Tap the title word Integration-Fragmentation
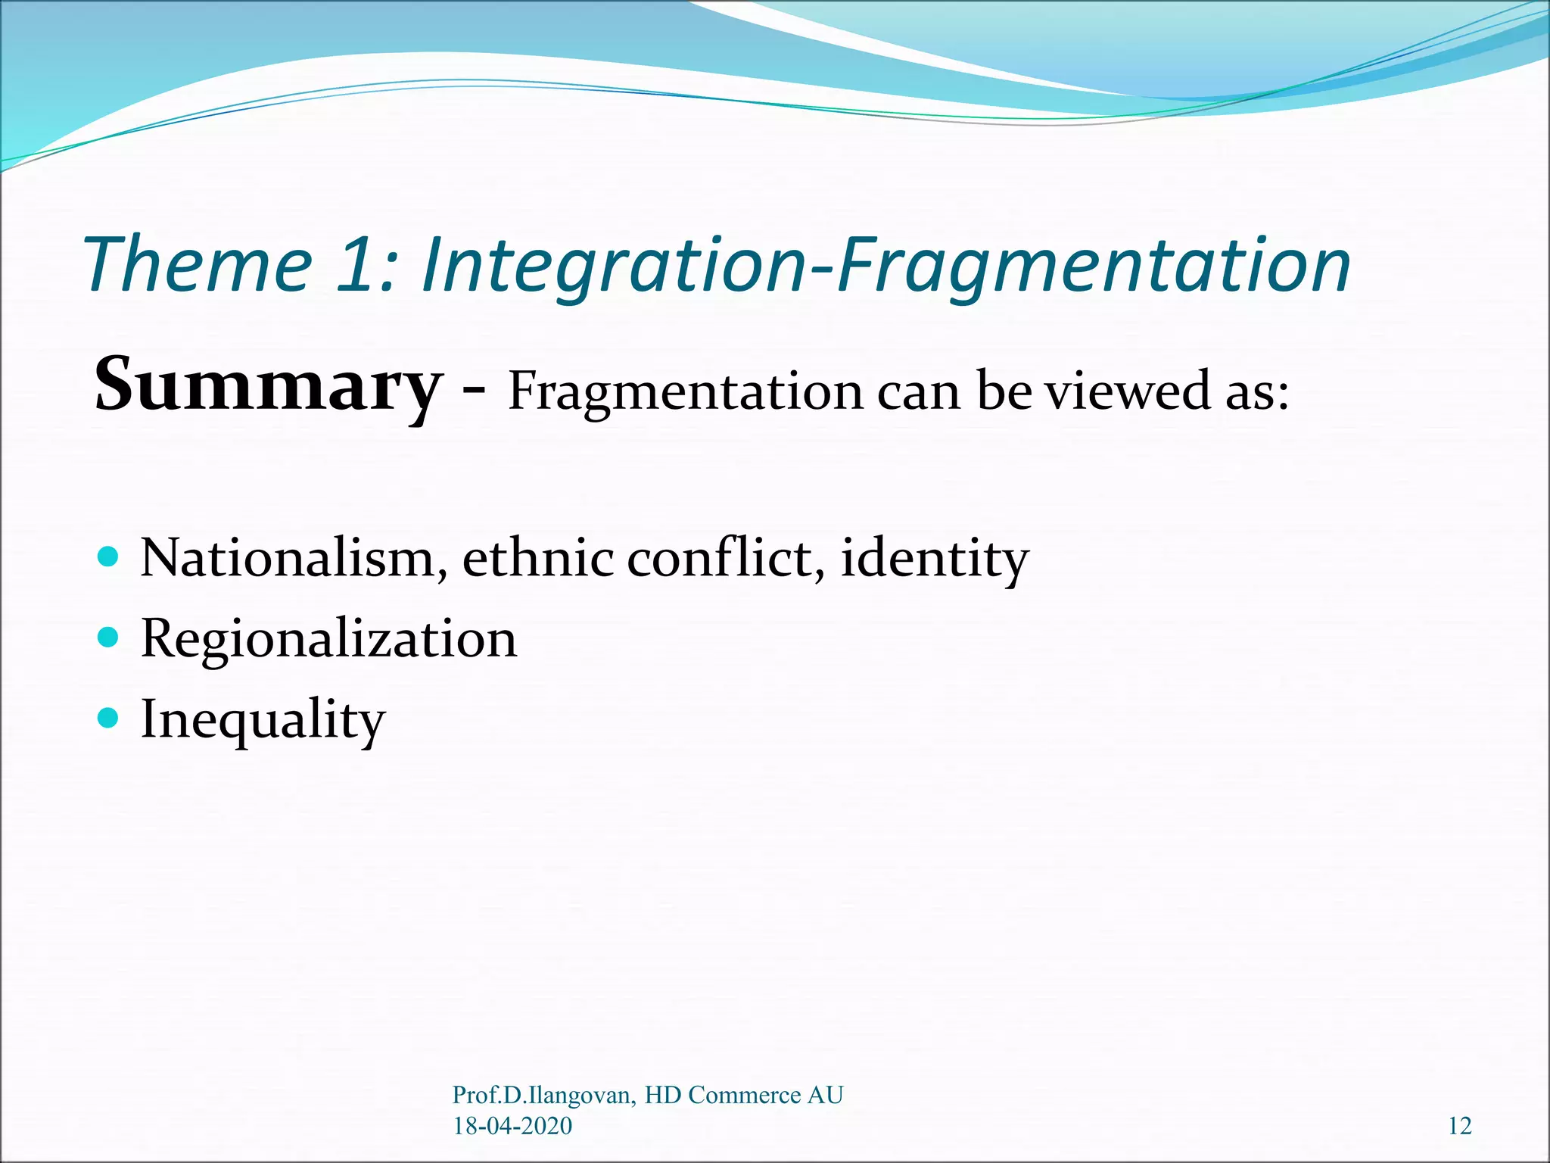point(885,265)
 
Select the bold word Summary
point(266,386)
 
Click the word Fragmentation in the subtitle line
point(685,392)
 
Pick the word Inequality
point(263,720)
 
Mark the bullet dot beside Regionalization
point(109,638)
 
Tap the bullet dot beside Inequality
point(109,718)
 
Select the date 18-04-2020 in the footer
point(512,1126)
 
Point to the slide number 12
point(1459,1126)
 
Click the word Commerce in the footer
point(745,1096)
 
